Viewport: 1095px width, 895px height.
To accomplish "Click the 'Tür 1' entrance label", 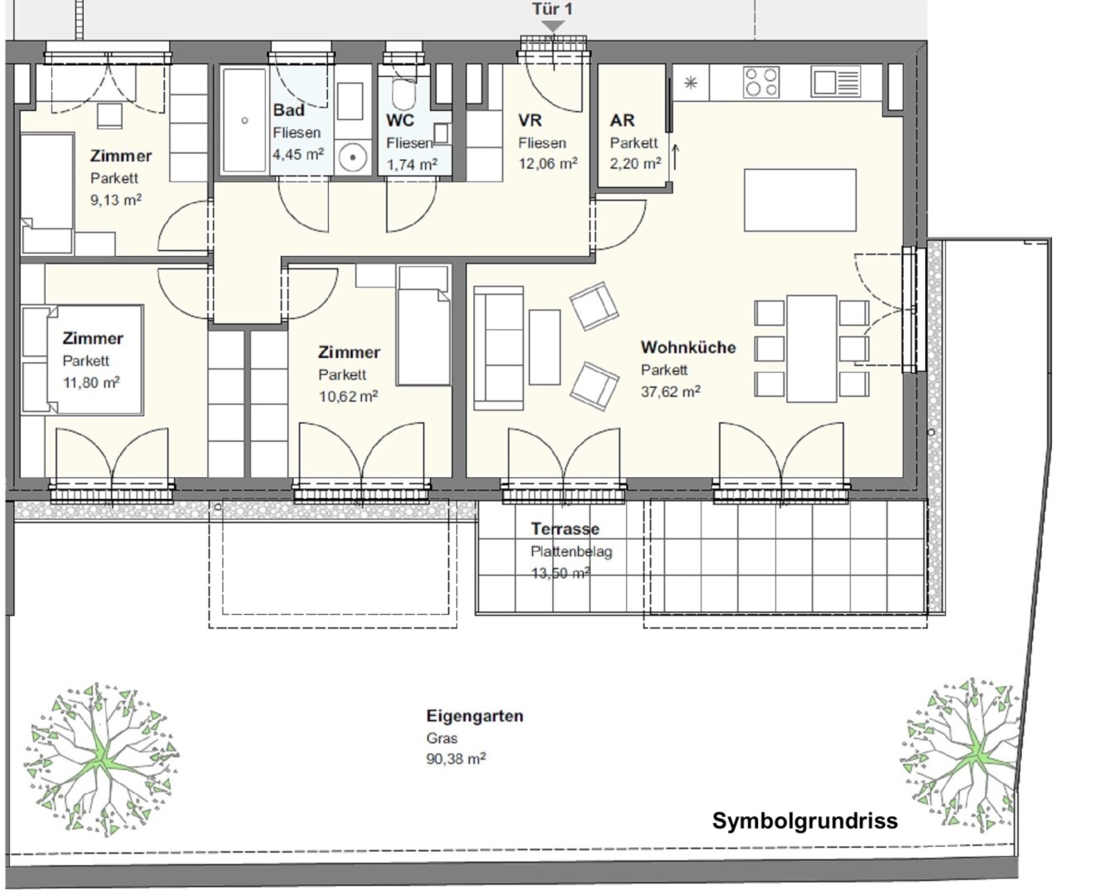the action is click(552, 9).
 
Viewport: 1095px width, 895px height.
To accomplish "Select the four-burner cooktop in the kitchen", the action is click(761, 82).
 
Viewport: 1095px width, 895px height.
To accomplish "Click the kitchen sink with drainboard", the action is click(836, 82).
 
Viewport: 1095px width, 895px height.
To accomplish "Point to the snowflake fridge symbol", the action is click(691, 83).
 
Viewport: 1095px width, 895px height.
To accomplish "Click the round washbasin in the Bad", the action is click(353, 157).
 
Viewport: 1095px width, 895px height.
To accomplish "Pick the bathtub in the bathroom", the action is click(244, 120).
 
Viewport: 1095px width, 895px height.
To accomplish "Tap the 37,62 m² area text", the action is click(670, 391).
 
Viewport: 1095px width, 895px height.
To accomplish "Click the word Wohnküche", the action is click(688, 347).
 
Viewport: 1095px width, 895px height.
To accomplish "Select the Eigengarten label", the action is click(475, 716).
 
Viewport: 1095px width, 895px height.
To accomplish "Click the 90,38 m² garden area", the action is click(456, 758).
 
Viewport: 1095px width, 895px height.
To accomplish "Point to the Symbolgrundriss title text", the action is click(805, 821).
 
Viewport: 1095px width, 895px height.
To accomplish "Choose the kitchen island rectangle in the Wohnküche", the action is click(800, 200).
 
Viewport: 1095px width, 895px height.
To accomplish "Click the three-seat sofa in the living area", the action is click(499, 348).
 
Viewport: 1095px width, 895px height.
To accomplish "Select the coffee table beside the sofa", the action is click(545, 347).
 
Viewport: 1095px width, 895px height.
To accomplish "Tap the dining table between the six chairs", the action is click(812, 349).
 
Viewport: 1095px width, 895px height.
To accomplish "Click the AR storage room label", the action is click(622, 120).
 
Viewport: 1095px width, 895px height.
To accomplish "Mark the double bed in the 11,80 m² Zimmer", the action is click(83, 360).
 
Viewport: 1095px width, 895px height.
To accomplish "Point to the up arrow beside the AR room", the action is click(675, 157).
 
